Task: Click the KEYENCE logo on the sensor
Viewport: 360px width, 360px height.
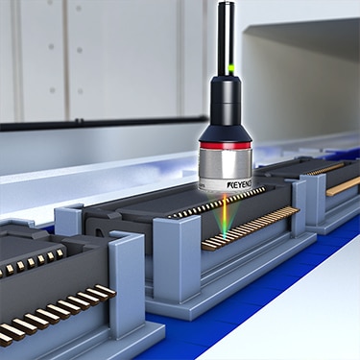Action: point(239,184)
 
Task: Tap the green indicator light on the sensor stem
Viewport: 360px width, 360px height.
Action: point(230,67)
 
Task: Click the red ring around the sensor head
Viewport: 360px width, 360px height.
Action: point(226,146)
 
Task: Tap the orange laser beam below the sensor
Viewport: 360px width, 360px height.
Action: point(225,215)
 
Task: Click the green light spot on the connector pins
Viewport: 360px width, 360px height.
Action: point(225,236)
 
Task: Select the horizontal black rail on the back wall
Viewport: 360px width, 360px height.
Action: point(103,122)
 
